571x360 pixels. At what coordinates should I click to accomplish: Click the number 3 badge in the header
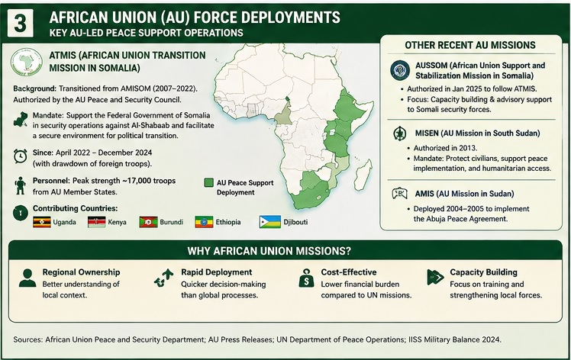tap(20, 23)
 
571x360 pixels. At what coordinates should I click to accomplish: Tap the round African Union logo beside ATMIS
tap(26, 62)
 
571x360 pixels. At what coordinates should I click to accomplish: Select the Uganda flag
tap(42, 222)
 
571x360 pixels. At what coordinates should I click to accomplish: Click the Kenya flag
tap(96, 222)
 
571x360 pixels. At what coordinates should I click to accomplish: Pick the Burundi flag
tap(148, 222)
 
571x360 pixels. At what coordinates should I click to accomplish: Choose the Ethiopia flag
tap(204, 222)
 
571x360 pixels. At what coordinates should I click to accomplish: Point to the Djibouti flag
tap(269, 222)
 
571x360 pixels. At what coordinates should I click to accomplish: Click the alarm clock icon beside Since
tap(20, 156)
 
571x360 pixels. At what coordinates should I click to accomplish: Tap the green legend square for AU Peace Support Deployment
tap(208, 182)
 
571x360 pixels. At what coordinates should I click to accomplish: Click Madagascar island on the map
tap(363, 175)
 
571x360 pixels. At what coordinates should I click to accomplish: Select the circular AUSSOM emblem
tap(400, 70)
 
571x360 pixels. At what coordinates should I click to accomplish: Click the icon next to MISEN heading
tap(400, 133)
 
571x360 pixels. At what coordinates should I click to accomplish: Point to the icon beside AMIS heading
tap(399, 194)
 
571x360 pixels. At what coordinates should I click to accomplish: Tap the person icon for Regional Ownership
tap(27, 278)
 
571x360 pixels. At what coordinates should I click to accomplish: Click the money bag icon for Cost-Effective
tap(306, 278)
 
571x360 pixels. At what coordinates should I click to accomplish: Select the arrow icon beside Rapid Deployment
tap(163, 278)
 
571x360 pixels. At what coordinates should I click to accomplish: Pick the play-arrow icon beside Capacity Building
tap(435, 278)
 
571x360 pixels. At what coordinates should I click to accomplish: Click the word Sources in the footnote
tap(27, 339)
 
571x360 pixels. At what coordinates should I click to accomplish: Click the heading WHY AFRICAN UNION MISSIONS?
tap(269, 251)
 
